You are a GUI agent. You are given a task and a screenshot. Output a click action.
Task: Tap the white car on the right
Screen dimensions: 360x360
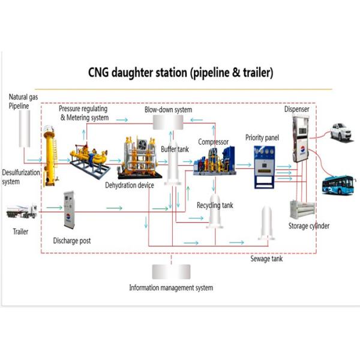point(340,131)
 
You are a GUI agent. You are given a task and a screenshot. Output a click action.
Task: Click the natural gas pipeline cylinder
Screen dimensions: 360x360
point(25,128)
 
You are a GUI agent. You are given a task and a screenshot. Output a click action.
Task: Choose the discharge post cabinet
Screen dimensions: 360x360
point(69,210)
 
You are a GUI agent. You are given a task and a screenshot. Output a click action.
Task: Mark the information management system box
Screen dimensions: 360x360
point(171,271)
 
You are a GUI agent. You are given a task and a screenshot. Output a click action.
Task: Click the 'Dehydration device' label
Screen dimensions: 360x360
point(130,185)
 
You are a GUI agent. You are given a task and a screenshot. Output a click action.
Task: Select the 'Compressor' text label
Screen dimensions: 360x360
point(215,142)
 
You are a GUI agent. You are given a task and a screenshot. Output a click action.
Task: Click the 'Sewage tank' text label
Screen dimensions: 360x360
point(266,259)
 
